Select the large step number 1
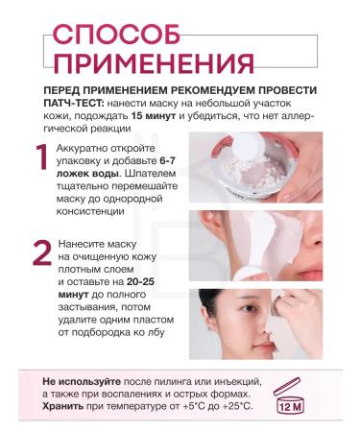pyautogui.click(x=40, y=159)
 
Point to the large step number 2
pyautogui.click(x=40, y=252)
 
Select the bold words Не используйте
pyautogui.click(x=79, y=380)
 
